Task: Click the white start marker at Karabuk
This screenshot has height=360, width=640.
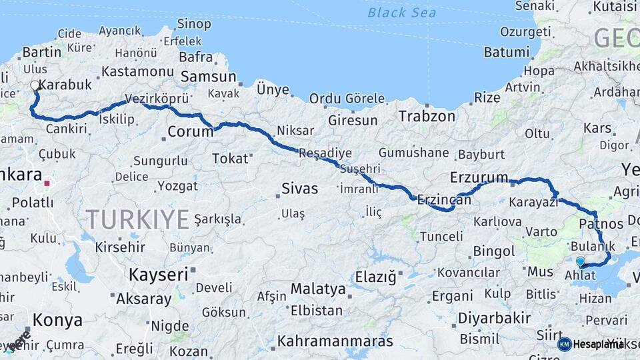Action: point(35,86)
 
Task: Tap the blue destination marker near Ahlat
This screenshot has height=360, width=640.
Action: point(580,262)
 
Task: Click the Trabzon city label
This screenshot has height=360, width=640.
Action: point(427,116)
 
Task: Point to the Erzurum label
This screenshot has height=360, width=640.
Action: point(479,177)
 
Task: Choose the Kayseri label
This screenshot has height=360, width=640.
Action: point(158,274)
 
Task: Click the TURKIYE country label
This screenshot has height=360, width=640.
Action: point(137,219)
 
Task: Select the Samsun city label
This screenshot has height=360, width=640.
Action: point(209,77)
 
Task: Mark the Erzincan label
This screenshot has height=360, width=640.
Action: point(439,199)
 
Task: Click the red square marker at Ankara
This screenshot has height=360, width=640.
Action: point(47,183)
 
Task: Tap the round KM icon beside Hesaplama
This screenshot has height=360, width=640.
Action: point(564,344)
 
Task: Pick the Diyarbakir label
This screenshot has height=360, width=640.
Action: point(495,318)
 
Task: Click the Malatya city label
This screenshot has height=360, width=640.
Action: point(318,289)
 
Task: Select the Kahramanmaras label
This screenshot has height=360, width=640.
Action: point(335,341)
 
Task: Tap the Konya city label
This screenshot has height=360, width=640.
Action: point(58,320)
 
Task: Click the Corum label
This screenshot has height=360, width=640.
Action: point(190,131)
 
